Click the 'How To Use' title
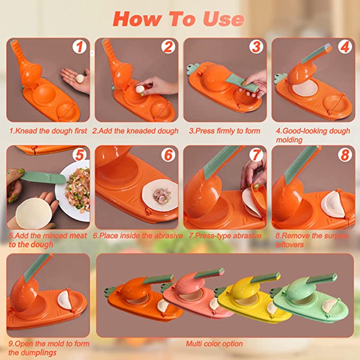[x=179, y=19]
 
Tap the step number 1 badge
[x=80, y=47]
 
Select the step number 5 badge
[x=80, y=155]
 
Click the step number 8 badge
[x=345, y=155]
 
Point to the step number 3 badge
[x=256, y=47]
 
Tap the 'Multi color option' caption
[x=214, y=344]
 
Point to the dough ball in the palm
[x=80, y=79]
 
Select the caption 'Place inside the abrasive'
[x=138, y=235]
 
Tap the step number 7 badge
[x=256, y=155]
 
